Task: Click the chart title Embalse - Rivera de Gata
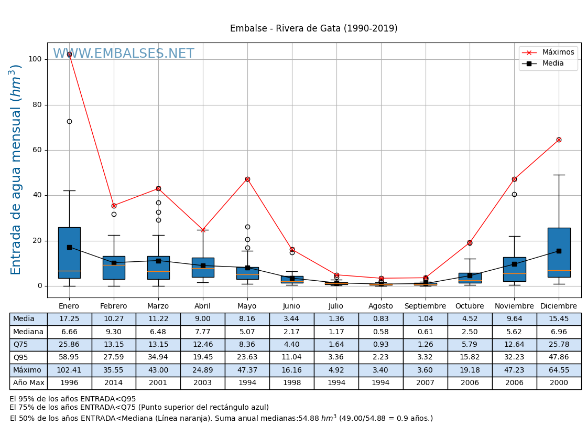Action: pyautogui.click(x=313, y=29)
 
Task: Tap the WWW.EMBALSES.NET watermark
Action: pyautogui.click(x=124, y=54)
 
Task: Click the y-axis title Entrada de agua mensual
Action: pyautogui.click(x=16, y=169)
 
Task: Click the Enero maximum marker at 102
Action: pyautogui.click(x=69, y=54)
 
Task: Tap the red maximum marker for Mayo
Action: pyautogui.click(x=247, y=179)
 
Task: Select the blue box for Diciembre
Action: pyautogui.click(x=559, y=252)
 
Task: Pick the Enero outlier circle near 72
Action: pyautogui.click(x=69, y=121)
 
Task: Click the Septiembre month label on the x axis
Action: pyautogui.click(x=425, y=306)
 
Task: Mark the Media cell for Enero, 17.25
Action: pyautogui.click(x=69, y=319)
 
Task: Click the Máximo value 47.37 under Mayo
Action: pyautogui.click(x=247, y=370)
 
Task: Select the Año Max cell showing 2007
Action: pyautogui.click(x=425, y=383)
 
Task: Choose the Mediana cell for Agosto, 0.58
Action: pyautogui.click(x=381, y=332)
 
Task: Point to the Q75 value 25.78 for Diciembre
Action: pyautogui.click(x=559, y=345)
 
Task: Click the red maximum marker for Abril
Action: pyautogui.click(x=203, y=230)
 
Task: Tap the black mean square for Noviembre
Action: pyautogui.click(x=514, y=264)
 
